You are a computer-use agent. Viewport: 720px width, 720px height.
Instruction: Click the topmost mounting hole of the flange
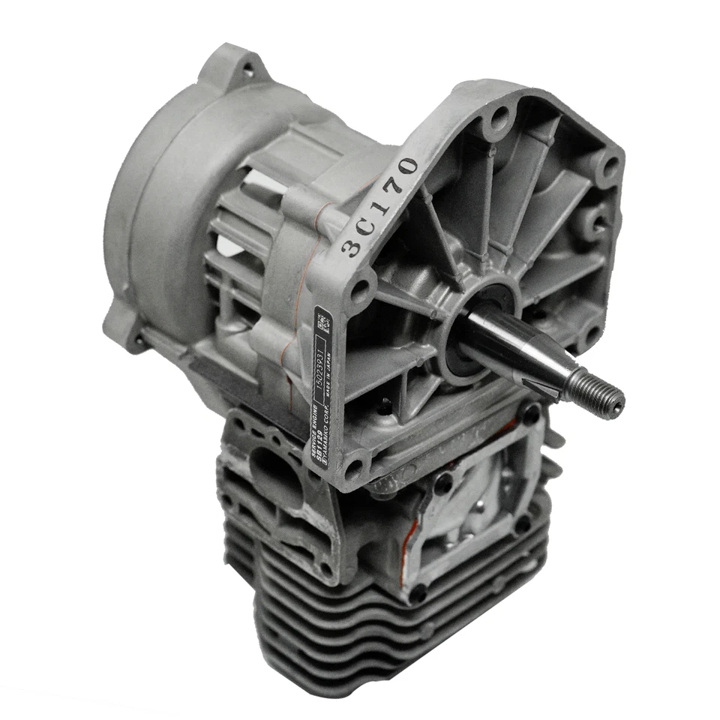pyautogui.click(x=496, y=114)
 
